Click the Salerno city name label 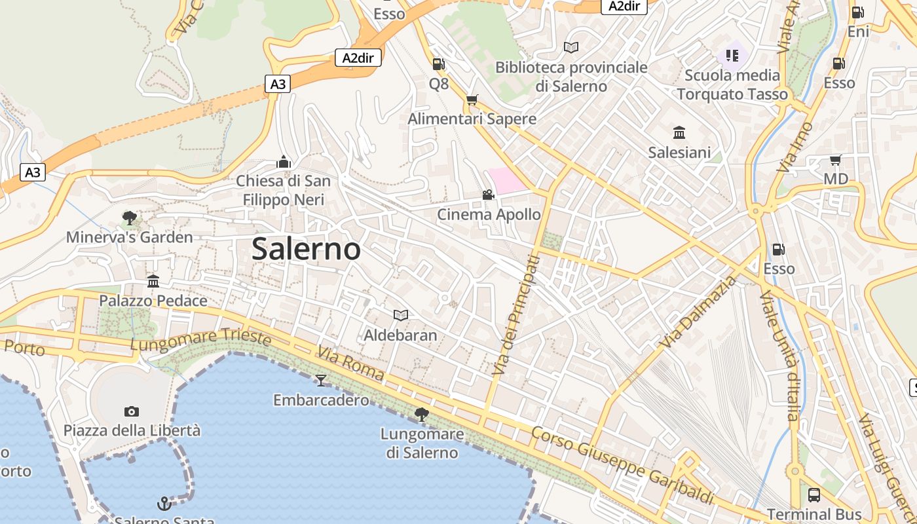(x=306, y=249)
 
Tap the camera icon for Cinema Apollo (x=488, y=195)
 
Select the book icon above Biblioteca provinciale (x=571, y=47)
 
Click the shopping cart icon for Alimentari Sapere (x=472, y=100)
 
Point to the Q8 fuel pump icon (x=438, y=64)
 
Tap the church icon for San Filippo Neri (x=283, y=161)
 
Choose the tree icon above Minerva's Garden (x=130, y=217)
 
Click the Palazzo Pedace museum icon (x=153, y=281)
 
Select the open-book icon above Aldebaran (x=401, y=315)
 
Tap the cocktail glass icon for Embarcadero (x=321, y=380)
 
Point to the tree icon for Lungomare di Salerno (x=422, y=414)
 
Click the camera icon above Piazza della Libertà (x=132, y=411)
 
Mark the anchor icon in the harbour (x=164, y=503)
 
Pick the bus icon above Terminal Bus (x=814, y=495)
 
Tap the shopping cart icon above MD (x=835, y=160)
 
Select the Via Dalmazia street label (x=699, y=312)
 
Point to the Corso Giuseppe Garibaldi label (x=622, y=465)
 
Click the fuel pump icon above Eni (x=857, y=12)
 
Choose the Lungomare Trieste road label (x=201, y=340)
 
